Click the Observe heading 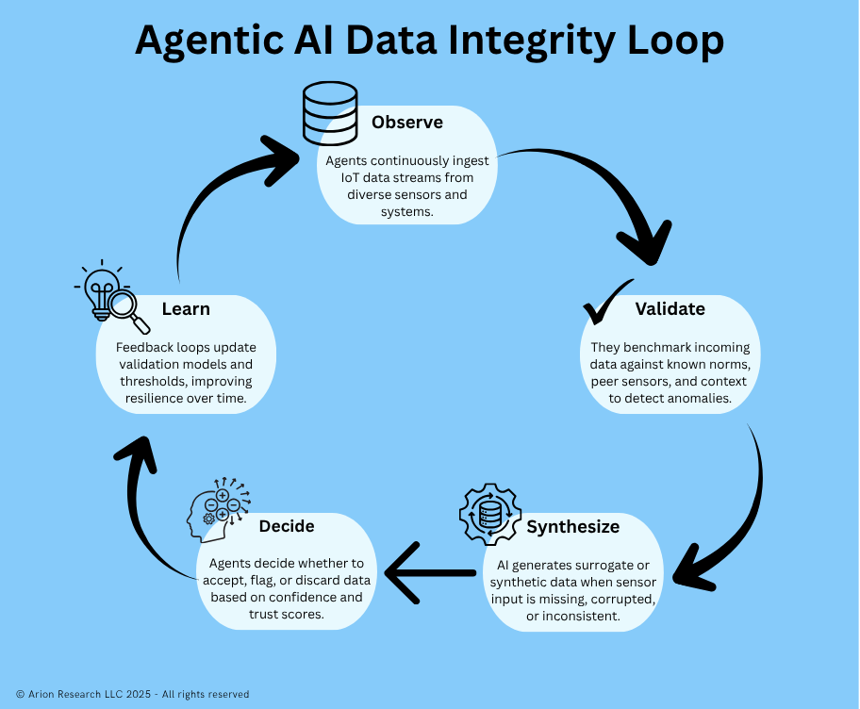click(x=406, y=123)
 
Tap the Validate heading click(x=670, y=309)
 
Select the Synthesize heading click(x=573, y=526)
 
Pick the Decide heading click(x=287, y=526)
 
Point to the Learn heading click(x=186, y=309)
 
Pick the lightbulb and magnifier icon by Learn click(x=112, y=295)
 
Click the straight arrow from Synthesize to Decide click(x=430, y=572)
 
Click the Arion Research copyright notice click(x=133, y=694)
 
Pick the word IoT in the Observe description click(x=351, y=178)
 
